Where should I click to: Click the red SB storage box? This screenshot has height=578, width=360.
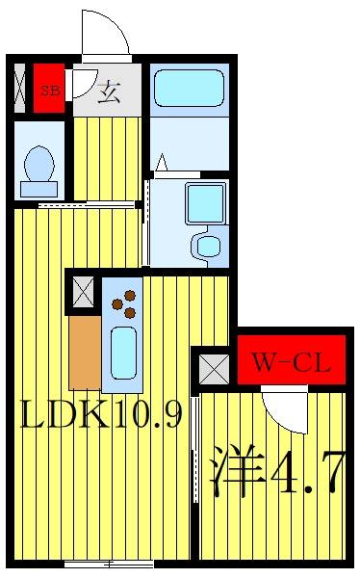pyautogui.click(x=49, y=89)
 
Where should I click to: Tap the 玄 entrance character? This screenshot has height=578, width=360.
pyautogui.click(x=109, y=92)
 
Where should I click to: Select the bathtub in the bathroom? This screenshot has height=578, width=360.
pyautogui.click(x=189, y=89)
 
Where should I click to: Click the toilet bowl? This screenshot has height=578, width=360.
pyautogui.click(x=39, y=164)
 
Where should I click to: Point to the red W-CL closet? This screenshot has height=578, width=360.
pyautogui.click(x=291, y=359)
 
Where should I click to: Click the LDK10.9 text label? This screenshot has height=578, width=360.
pyautogui.click(x=101, y=414)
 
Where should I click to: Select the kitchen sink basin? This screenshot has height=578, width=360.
pyautogui.click(x=123, y=353)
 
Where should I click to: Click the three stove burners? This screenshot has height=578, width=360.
pyautogui.click(x=124, y=304)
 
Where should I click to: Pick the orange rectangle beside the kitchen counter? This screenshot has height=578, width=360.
pyautogui.click(x=85, y=353)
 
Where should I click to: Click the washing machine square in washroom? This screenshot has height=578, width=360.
pyautogui.click(x=206, y=203)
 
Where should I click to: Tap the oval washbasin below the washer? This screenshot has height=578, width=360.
pyautogui.click(x=208, y=245)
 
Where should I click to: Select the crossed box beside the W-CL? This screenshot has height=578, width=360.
pyautogui.click(x=214, y=369)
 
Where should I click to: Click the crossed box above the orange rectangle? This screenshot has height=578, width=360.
pyautogui.click(x=84, y=292)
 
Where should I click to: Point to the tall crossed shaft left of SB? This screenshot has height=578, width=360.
pyautogui.click(x=19, y=89)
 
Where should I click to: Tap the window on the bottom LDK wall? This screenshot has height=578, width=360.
pyautogui.click(x=109, y=564)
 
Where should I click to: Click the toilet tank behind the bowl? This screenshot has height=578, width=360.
pyautogui.click(x=39, y=189)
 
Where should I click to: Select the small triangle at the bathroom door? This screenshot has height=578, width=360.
pyautogui.click(x=161, y=163)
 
